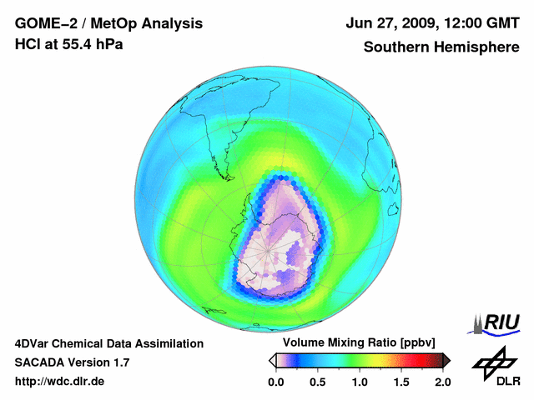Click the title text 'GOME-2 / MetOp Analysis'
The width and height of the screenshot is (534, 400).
(x=108, y=23)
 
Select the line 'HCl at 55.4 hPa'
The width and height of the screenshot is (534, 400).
(x=68, y=44)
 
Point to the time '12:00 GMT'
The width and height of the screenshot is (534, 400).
(x=475, y=23)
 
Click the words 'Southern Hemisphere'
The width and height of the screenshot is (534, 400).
(x=441, y=47)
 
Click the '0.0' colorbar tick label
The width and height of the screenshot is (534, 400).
(x=275, y=382)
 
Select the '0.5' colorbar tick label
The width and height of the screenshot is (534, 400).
(x=317, y=382)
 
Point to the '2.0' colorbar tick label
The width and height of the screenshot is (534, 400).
(x=442, y=382)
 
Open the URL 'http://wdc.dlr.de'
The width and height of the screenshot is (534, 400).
(x=60, y=382)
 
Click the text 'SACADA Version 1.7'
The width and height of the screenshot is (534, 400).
(x=72, y=362)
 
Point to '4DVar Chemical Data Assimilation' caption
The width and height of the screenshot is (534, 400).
(x=108, y=343)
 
